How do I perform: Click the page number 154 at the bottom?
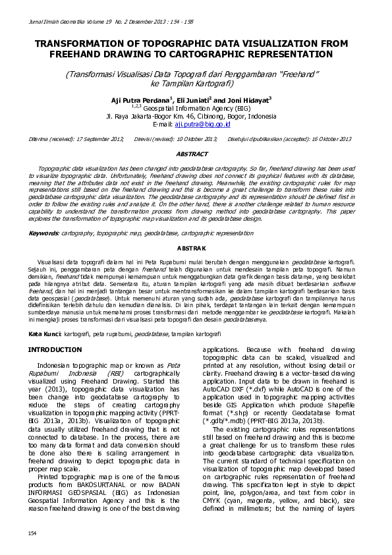[32, 533]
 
